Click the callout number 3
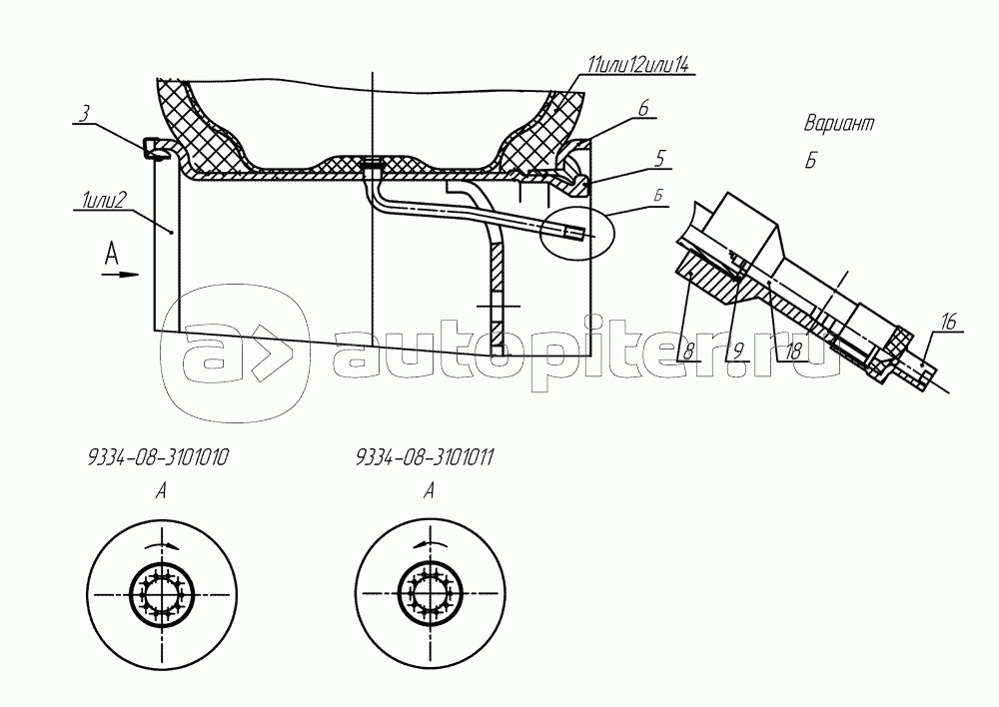(84, 115)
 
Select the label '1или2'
(103, 202)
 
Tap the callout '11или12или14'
(638, 66)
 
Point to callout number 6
(643, 108)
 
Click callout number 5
(661, 158)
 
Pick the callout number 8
(688, 351)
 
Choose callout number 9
(738, 351)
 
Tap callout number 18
(792, 351)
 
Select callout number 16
(948, 322)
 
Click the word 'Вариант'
(839, 123)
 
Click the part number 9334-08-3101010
(158, 458)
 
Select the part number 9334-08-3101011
(426, 458)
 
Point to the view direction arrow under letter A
(121, 275)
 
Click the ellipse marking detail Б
(576, 233)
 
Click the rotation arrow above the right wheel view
(430, 542)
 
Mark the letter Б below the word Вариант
(810, 161)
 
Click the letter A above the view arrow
(112, 255)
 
